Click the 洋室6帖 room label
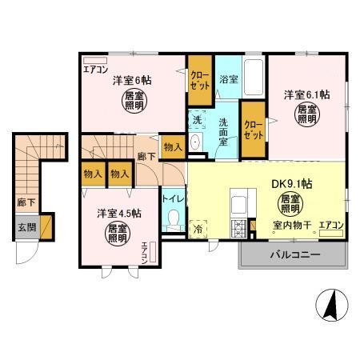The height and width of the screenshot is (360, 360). tap(132, 80)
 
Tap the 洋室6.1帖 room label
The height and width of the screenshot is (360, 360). tap(306, 94)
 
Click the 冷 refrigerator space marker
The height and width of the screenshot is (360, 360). tap(198, 228)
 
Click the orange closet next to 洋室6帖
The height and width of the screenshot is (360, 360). tap(198, 80)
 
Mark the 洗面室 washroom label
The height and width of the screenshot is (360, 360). tap(228, 128)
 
